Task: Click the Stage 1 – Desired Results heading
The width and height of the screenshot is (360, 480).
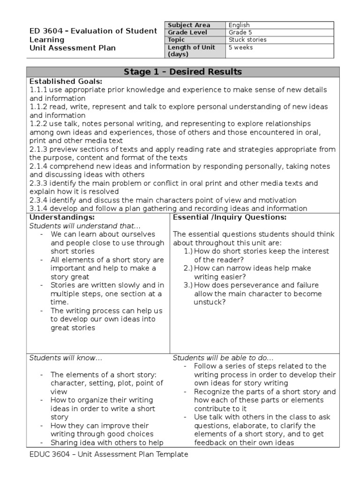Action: click(x=183, y=72)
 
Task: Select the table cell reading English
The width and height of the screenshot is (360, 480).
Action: click(x=239, y=25)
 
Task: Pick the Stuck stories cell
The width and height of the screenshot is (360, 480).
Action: click(x=247, y=40)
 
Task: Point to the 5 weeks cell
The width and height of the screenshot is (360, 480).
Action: click(x=240, y=47)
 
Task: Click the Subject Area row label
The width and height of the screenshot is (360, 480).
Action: click(x=189, y=25)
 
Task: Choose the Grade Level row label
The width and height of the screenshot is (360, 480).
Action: click(x=187, y=32)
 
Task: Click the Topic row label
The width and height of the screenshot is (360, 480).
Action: click(x=177, y=40)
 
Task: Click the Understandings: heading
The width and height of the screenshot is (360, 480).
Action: click(x=62, y=217)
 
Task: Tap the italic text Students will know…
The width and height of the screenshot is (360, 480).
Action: click(x=66, y=358)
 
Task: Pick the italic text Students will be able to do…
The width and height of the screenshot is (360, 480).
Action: click(x=224, y=358)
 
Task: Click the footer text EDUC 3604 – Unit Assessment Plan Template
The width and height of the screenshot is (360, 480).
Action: click(x=109, y=454)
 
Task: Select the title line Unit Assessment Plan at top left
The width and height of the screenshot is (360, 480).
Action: click(x=73, y=48)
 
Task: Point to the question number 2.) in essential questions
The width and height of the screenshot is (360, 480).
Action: click(x=188, y=268)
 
